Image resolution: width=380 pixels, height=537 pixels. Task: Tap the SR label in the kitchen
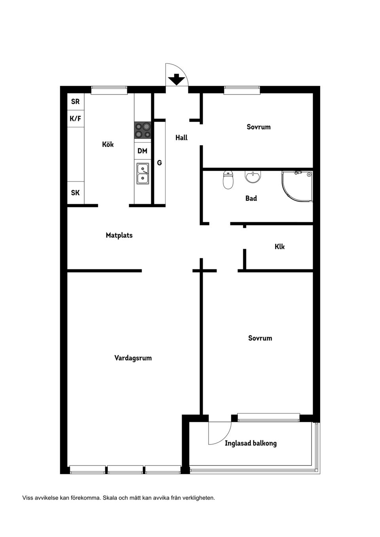coord(75,102)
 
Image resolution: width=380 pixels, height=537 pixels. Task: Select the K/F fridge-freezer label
coord(75,118)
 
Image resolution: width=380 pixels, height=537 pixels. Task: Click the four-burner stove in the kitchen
coord(142,130)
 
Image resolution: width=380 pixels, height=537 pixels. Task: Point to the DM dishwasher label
coord(142,151)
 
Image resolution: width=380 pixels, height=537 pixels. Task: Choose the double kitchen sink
coord(143,174)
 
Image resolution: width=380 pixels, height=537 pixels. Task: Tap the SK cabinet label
coord(75,193)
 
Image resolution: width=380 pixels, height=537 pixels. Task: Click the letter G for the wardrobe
coord(159,163)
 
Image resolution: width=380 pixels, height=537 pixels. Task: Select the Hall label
coord(181,138)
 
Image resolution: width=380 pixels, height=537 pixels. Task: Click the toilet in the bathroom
coord(228,180)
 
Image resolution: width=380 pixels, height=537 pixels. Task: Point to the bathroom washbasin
coord(253,176)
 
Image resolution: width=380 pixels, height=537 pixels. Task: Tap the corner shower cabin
coord(297,187)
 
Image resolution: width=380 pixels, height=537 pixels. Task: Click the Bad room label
coord(251,198)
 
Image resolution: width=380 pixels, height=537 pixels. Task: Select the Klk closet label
coord(279,247)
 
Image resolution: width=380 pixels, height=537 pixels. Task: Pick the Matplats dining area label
coord(119,235)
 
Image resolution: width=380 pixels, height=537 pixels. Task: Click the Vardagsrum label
coord(133,358)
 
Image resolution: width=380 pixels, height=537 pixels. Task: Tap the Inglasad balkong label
coord(251,443)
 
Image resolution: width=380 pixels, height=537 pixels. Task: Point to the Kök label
coord(108,144)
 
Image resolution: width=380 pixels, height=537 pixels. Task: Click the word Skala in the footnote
coord(110,498)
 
